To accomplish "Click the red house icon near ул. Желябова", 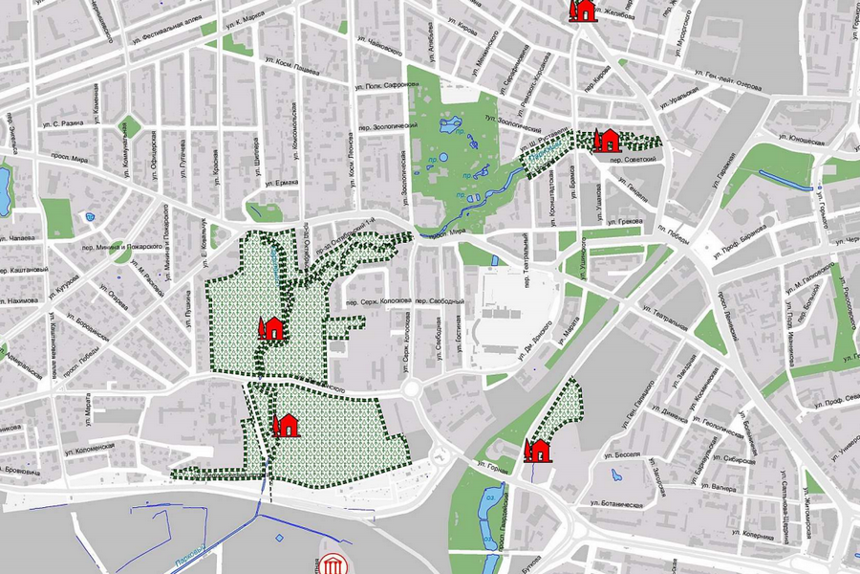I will (x=580, y=11).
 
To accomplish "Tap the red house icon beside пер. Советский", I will (x=605, y=141).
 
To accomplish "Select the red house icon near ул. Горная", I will (x=538, y=450).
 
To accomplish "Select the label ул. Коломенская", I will (x=89, y=446).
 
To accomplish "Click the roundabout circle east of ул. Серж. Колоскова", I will (x=412, y=388).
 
